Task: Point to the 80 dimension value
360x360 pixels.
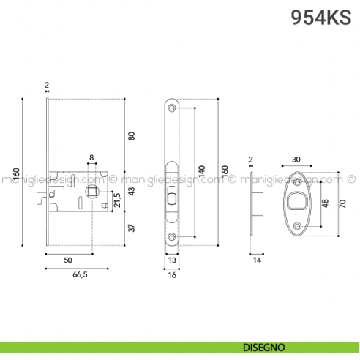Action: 132,136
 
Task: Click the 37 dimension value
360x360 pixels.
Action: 132,227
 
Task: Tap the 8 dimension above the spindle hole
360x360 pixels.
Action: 91,158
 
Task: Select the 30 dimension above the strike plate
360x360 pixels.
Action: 296,160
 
